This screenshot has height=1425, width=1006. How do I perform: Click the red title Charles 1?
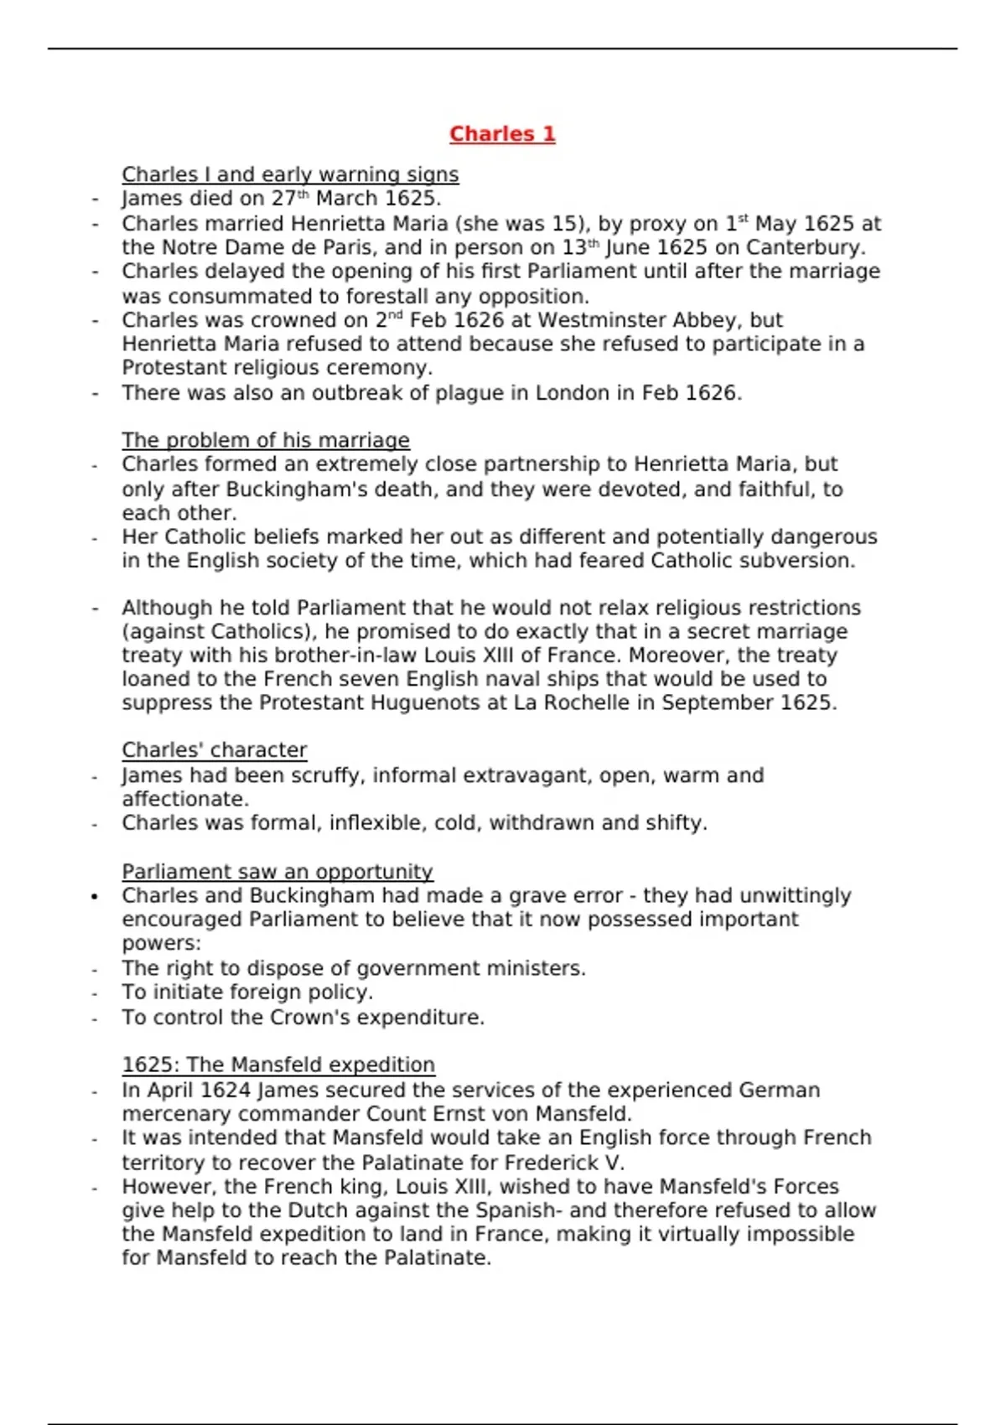click(x=502, y=134)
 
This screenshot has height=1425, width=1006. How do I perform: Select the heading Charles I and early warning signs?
click(x=290, y=174)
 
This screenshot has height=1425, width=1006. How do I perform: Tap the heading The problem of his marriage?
click(x=266, y=440)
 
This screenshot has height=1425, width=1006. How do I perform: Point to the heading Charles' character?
click(x=215, y=750)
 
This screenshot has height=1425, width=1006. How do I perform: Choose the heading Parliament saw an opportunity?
click(x=277, y=872)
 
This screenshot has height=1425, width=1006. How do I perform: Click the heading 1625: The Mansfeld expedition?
click(x=278, y=1065)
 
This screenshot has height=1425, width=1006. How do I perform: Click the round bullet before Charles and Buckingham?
click(x=95, y=896)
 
